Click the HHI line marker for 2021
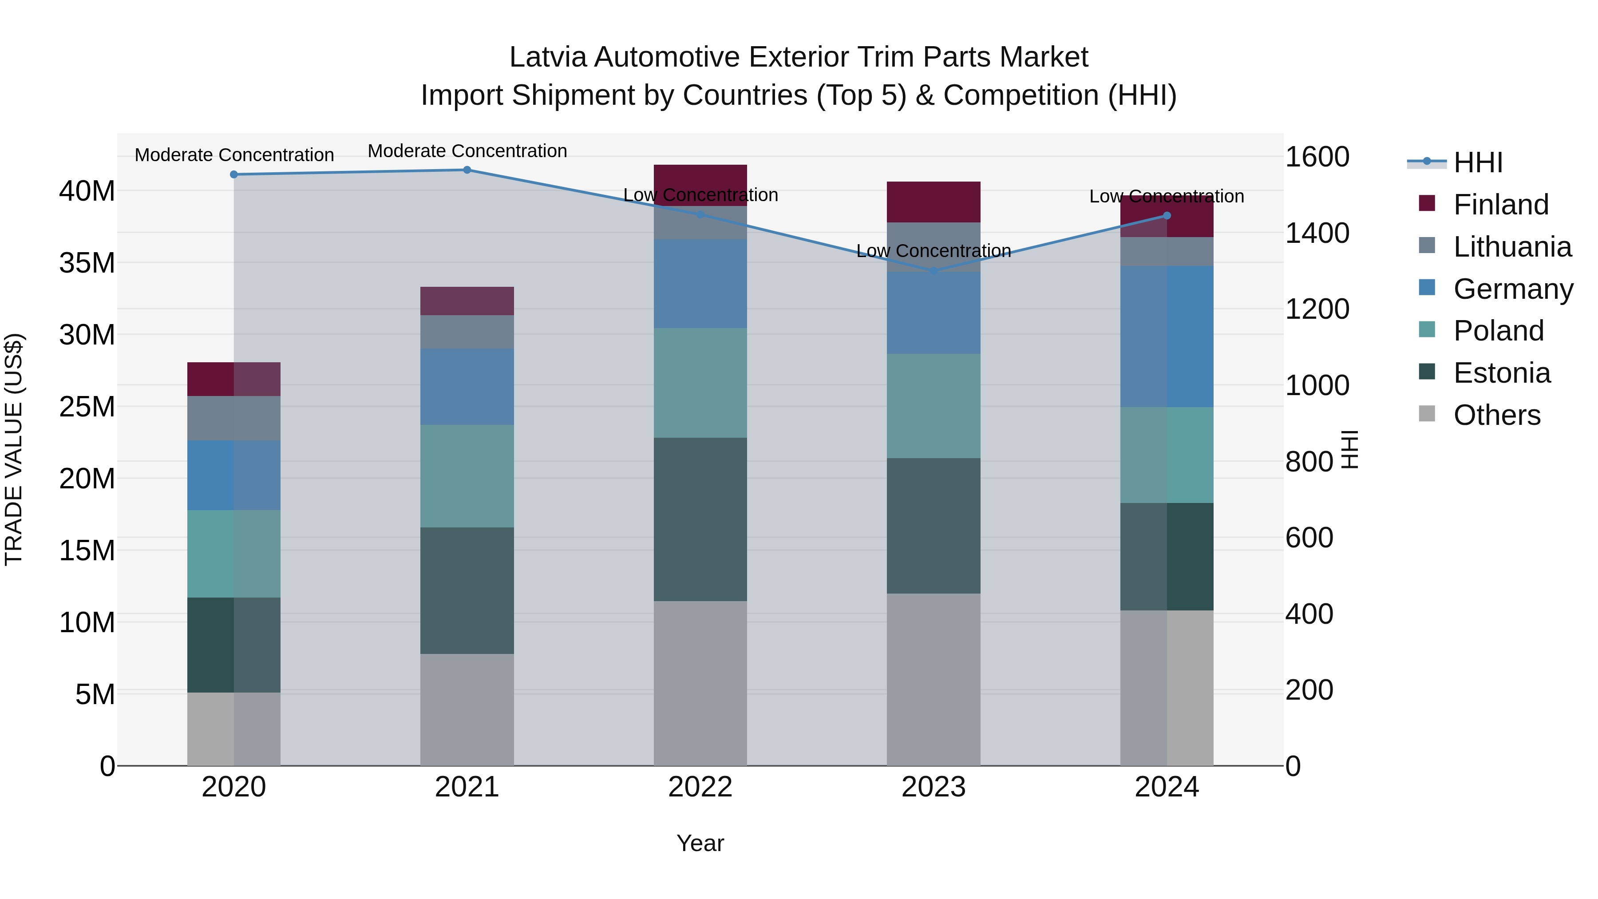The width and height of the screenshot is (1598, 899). coord(467,170)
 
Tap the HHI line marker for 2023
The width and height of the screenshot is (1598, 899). coord(933,271)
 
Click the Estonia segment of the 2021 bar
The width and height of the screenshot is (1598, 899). coord(467,590)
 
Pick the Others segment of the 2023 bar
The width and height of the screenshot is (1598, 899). coord(933,679)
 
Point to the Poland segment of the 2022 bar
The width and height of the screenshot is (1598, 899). coord(700,383)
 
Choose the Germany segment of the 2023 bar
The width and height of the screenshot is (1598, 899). coord(933,313)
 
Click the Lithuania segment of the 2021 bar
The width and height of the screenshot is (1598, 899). coord(467,332)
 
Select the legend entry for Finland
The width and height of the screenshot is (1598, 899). coord(1501,205)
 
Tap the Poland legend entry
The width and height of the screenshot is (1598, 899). coord(1498,331)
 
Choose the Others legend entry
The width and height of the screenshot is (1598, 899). coord(1496,415)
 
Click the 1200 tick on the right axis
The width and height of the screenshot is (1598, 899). coord(1317,309)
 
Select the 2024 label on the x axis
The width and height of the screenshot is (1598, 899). coord(1166,787)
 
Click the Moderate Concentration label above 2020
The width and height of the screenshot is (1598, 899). coord(234,155)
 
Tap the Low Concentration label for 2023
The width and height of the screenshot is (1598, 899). coord(933,251)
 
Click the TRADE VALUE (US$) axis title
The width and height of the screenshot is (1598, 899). coord(14,449)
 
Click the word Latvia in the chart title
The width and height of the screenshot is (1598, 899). coord(548,57)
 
